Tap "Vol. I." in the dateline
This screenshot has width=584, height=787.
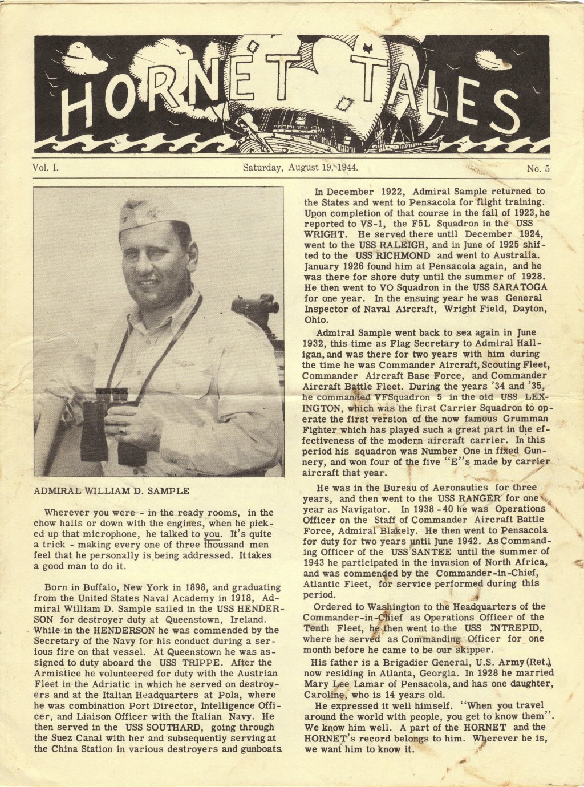[x=46, y=168]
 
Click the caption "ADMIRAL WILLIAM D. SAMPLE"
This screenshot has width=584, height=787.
[x=111, y=490]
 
